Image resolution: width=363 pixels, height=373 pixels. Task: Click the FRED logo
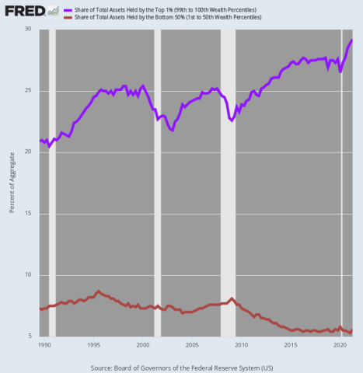point(23,12)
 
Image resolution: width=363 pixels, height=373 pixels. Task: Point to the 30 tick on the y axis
point(30,30)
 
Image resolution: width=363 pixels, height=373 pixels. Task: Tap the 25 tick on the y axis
point(30,91)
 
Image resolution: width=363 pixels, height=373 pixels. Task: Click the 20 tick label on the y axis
point(30,152)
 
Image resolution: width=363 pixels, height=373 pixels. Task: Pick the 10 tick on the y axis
point(30,275)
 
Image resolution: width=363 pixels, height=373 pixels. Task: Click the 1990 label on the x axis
point(44,343)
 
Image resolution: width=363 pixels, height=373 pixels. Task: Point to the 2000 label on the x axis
point(142,343)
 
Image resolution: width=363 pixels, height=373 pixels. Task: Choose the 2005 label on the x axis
point(191,343)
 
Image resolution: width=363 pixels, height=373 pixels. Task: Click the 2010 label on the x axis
point(241,343)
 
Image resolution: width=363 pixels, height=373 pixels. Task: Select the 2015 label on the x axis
point(290,343)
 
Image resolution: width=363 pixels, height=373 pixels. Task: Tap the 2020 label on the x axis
point(340,343)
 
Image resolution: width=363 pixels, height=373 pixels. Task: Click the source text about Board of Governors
point(182,366)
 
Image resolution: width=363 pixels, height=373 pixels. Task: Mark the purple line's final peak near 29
point(351,40)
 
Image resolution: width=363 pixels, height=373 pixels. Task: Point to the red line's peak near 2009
point(232,298)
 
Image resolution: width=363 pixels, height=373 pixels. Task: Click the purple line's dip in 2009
point(232,120)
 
